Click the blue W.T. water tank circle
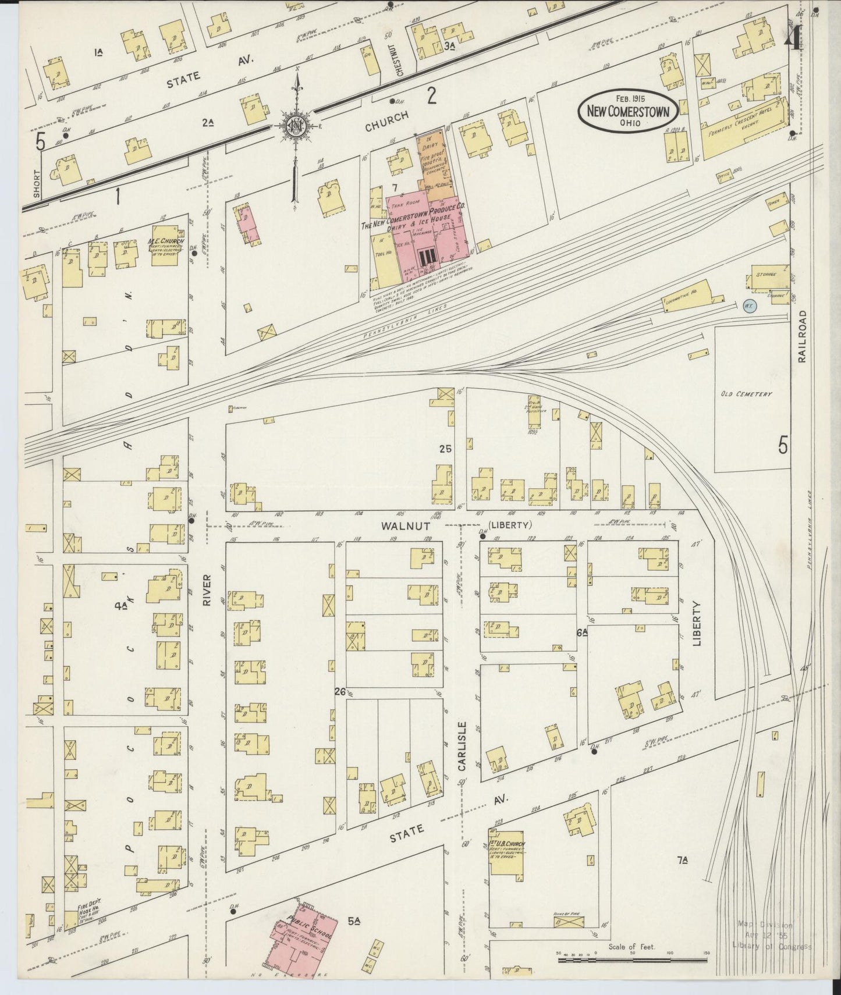coord(749,305)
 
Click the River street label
coord(207,591)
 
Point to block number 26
coord(340,691)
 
